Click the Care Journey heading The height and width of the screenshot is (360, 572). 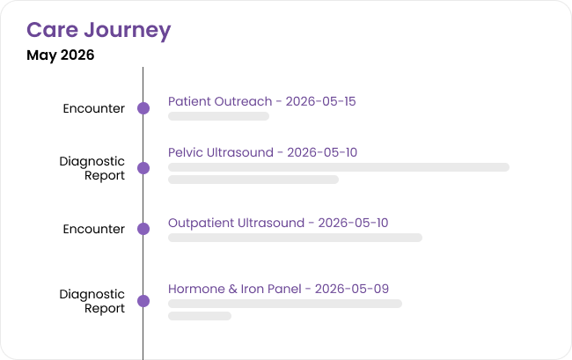click(x=99, y=30)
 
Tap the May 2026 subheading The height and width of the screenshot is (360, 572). click(x=60, y=55)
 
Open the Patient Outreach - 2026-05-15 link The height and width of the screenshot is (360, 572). click(x=261, y=101)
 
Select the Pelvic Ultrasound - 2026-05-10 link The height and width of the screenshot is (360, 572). click(x=262, y=152)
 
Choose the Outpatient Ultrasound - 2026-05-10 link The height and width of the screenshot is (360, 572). click(x=278, y=223)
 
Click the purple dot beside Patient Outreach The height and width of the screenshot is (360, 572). click(x=143, y=108)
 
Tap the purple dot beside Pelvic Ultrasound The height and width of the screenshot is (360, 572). click(x=143, y=168)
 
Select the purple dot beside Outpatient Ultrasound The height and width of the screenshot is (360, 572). click(x=143, y=229)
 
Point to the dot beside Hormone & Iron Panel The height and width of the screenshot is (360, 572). click(x=143, y=301)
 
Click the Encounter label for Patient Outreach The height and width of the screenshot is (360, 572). click(x=94, y=108)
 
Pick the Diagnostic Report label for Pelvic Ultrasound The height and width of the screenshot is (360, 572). click(x=92, y=168)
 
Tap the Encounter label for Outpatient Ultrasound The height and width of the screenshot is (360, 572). click(x=94, y=229)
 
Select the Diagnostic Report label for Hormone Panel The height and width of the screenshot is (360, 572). click(x=92, y=301)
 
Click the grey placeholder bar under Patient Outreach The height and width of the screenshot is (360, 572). click(x=218, y=116)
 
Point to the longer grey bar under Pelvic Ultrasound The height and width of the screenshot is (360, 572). click(x=339, y=167)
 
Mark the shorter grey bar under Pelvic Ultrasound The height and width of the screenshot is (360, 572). click(x=253, y=180)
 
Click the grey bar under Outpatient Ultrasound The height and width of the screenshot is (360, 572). click(x=295, y=238)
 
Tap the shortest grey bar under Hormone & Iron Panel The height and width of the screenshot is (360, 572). click(x=200, y=316)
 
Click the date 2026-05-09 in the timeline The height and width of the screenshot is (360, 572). click(x=352, y=289)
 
